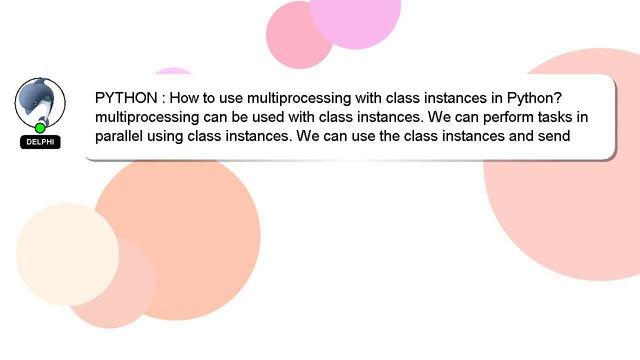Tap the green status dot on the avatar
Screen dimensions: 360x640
(x=40, y=128)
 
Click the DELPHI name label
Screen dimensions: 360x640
(x=40, y=142)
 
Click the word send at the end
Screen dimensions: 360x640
(x=551, y=136)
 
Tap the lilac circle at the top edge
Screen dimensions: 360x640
(x=355, y=15)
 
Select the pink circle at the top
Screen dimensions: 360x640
(x=298, y=35)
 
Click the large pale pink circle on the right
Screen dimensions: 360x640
(x=570, y=200)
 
